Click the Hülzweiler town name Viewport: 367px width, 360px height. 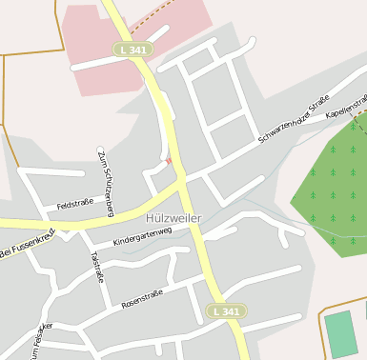173,218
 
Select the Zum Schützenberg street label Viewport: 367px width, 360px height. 105,181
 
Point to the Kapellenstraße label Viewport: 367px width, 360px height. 348,106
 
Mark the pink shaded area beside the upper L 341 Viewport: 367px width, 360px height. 95,38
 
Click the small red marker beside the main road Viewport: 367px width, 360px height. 169,161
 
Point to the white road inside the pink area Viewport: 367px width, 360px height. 105,59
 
